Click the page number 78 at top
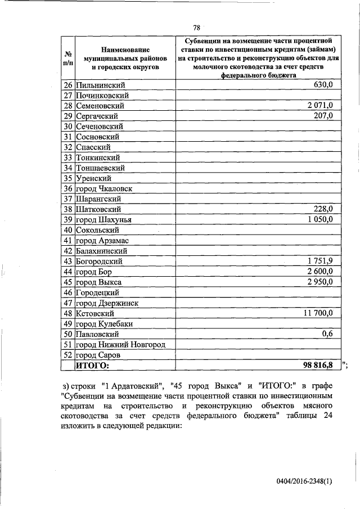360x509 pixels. click(x=197, y=28)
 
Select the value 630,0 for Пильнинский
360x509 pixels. click(x=323, y=84)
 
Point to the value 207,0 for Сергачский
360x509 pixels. click(x=323, y=115)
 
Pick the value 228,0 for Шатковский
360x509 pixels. click(x=323, y=209)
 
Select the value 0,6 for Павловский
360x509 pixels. click(x=328, y=334)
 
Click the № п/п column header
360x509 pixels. click(x=67, y=58)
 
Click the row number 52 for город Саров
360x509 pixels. click(x=67, y=355)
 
